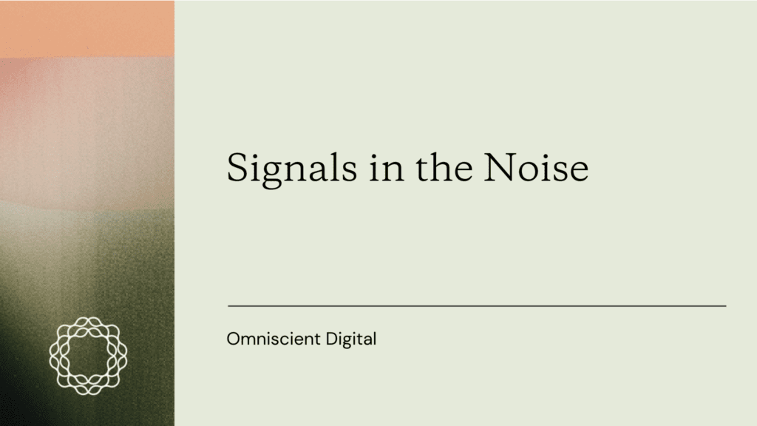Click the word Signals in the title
[x=291, y=169]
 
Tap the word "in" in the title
[x=386, y=167]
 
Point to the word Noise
[x=536, y=168]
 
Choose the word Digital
[x=351, y=339]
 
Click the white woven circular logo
[x=89, y=356]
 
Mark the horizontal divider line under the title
[x=477, y=305]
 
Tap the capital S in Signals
[x=237, y=168]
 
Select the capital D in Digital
[x=332, y=339]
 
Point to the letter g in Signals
[x=274, y=173]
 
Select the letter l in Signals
[x=333, y=166]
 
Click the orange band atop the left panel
[x=87, y=29]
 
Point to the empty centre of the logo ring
[x=89, y=356]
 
